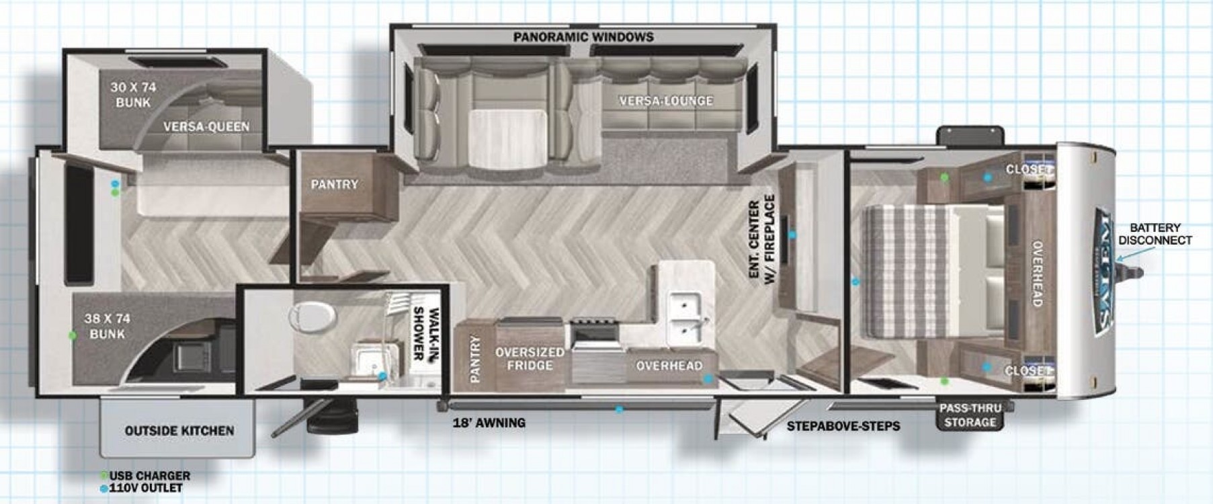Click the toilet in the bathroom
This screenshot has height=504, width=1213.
[x=314, y=317]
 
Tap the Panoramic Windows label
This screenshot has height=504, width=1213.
[x=583, y=36]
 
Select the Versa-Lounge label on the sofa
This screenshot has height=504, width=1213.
[x=666, y=101]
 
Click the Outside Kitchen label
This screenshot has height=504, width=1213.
[x=179, y=430]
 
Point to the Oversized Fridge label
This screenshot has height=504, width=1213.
[x=530, y=358]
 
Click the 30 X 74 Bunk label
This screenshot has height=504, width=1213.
[x=133, y=95]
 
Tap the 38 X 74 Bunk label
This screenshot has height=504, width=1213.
[x=107, y=326]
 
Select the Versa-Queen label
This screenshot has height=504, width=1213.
[x=206, y=126]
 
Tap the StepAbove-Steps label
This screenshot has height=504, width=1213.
[x=843, y=426]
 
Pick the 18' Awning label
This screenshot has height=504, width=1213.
[x=489, y=423]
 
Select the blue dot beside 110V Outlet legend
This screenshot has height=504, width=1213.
[x=103, y=489]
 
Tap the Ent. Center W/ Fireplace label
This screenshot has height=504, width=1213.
[x=761, y=240]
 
